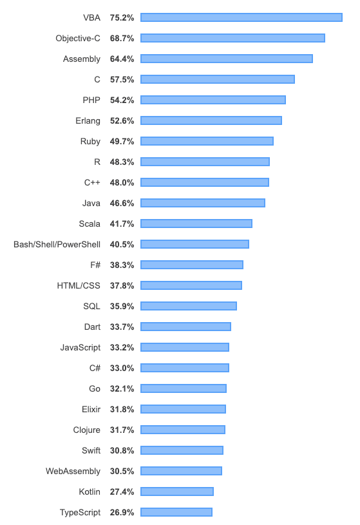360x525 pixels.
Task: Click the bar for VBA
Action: (242, 17)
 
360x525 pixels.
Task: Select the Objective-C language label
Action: (78, 39)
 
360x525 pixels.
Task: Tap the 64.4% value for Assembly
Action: (122, 59)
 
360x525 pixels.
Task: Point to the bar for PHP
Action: (213, 100)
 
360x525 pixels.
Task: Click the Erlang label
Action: (88, 121)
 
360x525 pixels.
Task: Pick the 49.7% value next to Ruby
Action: (122, 142)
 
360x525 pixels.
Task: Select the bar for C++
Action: (205, 182)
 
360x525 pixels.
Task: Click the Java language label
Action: (91, 204)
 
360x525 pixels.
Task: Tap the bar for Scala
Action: (196, 224)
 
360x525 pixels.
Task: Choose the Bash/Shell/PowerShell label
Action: (57, 244)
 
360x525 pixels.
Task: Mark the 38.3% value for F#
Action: (122, 265)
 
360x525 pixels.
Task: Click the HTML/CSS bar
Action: (191, 285)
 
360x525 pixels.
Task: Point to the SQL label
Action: (91, 307)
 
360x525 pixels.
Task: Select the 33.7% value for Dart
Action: (122, 327)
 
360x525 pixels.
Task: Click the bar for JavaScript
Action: (185, 347)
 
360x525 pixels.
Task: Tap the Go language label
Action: (95, 388)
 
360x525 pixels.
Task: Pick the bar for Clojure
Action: (183, 430)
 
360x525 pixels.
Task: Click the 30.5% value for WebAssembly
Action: (122, 472)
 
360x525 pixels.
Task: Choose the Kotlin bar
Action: (177, 492)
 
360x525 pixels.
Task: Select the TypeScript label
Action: (80, 513)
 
